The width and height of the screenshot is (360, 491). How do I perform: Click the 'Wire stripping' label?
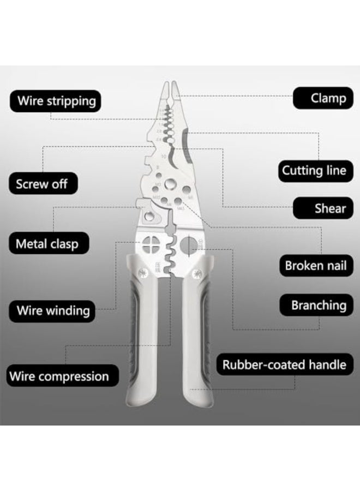click(x=56, y=101)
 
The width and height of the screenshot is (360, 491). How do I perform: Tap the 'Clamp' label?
click(x=328, y=99)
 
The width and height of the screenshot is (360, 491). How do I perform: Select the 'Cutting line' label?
click(x=314, y=171)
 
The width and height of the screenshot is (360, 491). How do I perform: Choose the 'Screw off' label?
click(x=41, y=184)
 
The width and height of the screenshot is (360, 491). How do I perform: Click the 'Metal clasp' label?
click(x=46, y=243)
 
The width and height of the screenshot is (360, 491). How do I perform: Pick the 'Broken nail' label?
click(x=315, y=266)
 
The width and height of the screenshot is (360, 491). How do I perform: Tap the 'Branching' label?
click(x=318, y=305)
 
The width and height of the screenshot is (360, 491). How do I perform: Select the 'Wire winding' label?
click(x=53, y=311)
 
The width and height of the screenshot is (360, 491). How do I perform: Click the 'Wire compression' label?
click(x=59, y=376)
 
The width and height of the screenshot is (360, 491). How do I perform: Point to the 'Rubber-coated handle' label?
click(x=284, y=364)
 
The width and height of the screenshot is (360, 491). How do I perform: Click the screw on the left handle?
click(x=142, y=271)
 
